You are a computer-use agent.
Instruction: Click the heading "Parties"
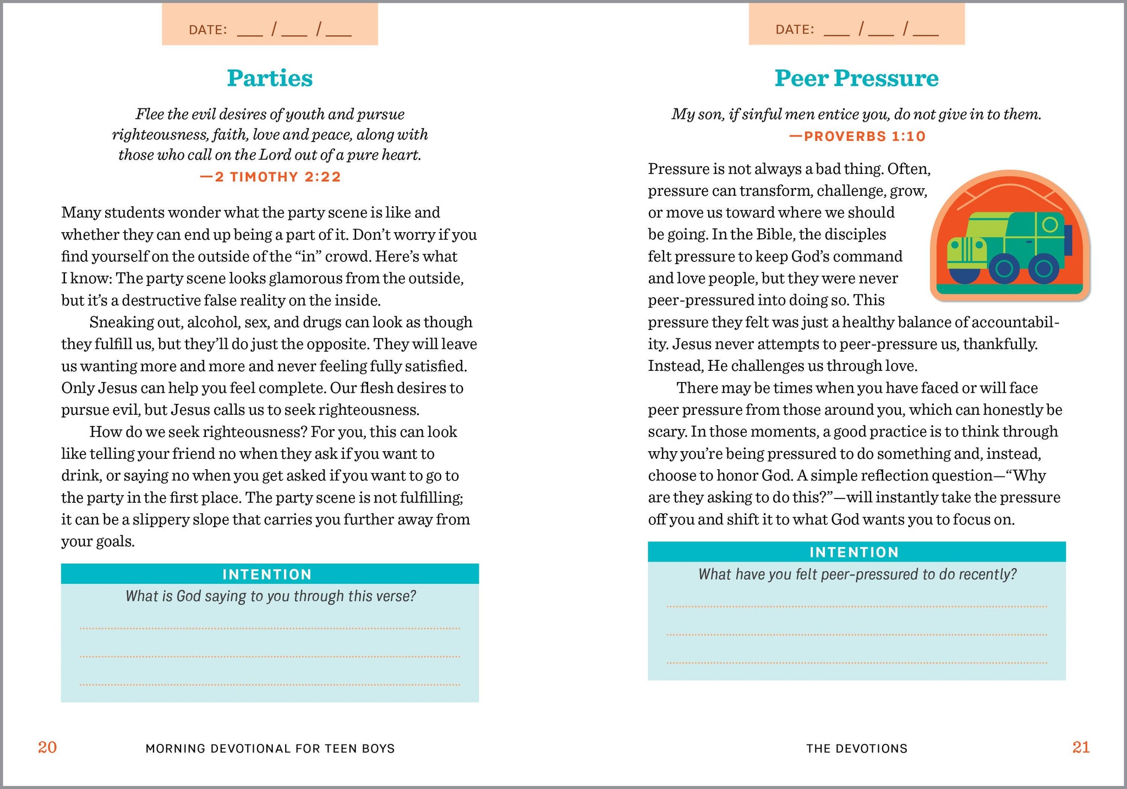(270, 78)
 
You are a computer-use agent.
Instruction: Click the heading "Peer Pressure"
(856, 78)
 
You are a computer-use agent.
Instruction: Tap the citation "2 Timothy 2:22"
(270, 177)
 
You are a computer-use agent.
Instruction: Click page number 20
(47, 747)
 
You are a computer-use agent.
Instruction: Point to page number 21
(1081, 747)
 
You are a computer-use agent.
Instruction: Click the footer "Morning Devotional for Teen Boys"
(270, 748)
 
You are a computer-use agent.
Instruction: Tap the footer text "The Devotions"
(857, 748)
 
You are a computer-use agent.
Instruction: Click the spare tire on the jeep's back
(1068, 240)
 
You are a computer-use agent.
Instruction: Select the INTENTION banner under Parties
(267, 574)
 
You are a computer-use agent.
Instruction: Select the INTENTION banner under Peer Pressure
(854, 552)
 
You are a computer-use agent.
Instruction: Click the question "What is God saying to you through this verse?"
(270, 596)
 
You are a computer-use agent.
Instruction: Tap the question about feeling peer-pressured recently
(857, 574)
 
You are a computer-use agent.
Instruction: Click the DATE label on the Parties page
(208, 30)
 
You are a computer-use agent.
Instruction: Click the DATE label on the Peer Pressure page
(795, 30)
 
